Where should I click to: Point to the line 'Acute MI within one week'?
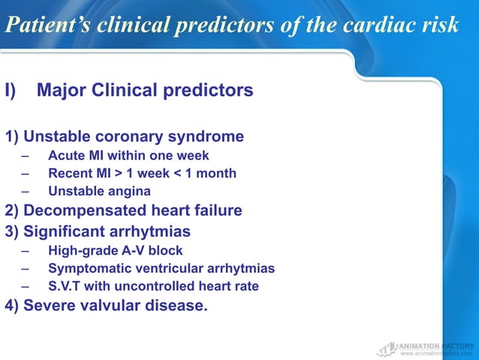(128, 156)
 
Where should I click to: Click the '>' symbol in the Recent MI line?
(119, 174)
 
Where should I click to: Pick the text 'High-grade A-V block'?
(115, 250)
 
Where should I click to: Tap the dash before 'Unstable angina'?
(26, 191)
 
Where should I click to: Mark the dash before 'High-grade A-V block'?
(26, 250)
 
